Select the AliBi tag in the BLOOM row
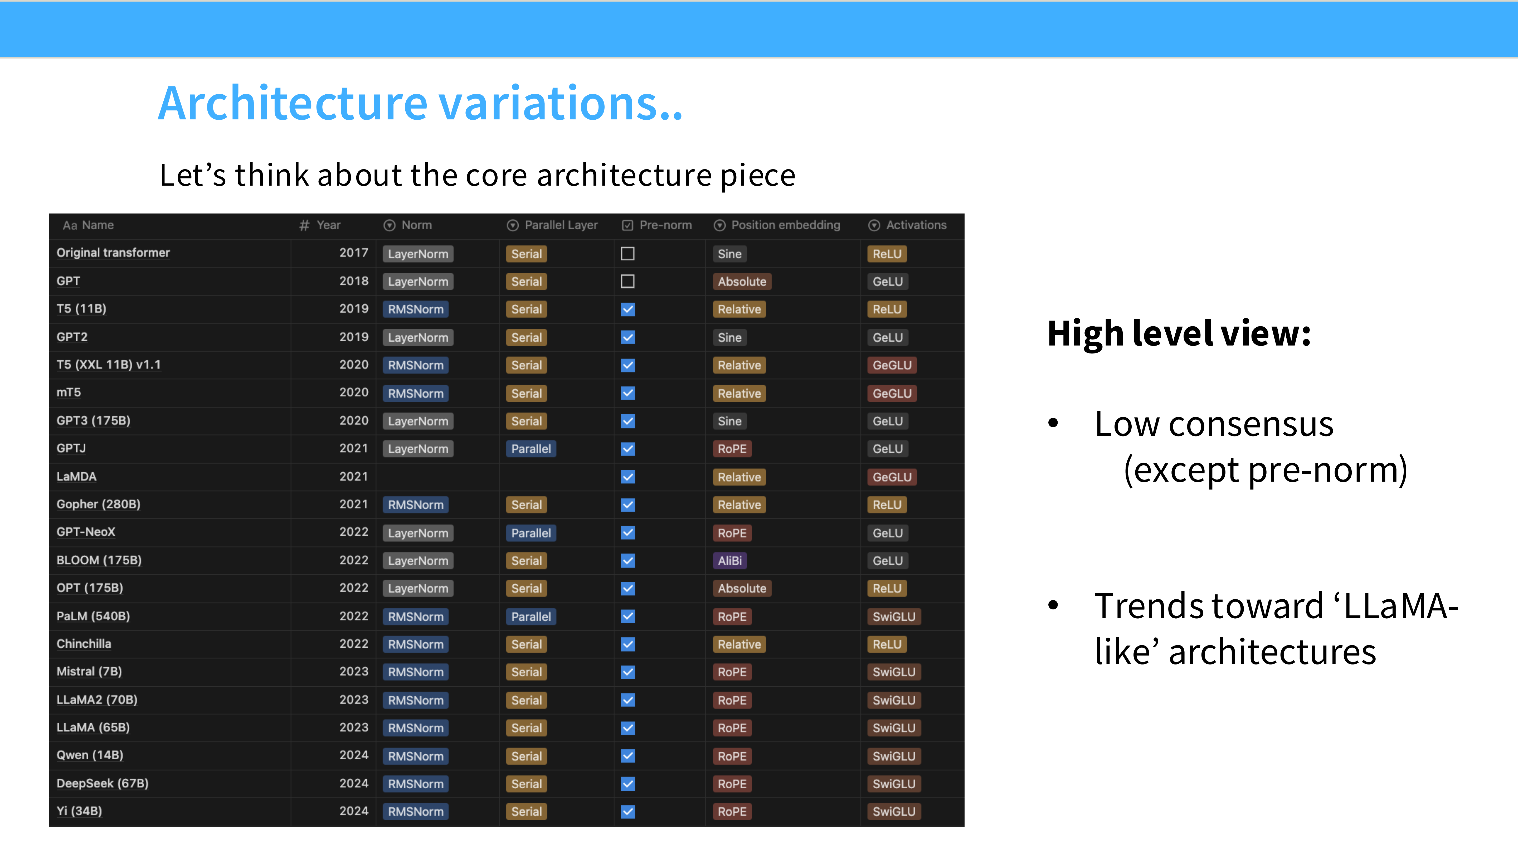[x=729, y=560]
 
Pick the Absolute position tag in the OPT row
[x=742, y=588]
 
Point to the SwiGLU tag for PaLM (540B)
[x=894, y=617]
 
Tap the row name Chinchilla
[x=84, y=644]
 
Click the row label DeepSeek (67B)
[x=103, y=783]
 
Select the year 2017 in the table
[x=354, y=253]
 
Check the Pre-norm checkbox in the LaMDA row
[x=627, y=477]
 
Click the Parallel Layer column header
[x=552, y=225]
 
